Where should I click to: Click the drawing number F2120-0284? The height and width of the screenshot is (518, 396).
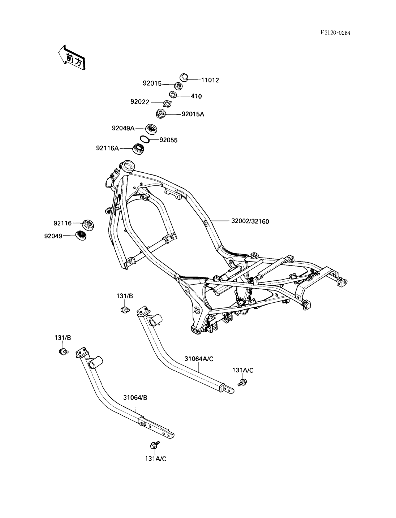click(335, 33)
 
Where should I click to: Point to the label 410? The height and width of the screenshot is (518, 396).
click(197, 96)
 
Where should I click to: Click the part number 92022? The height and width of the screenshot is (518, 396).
click(140, 102)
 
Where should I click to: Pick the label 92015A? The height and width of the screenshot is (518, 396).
click(193, 114)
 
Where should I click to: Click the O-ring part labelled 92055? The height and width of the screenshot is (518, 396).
click(144, 139)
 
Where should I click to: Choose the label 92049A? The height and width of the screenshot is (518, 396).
click(123, 128)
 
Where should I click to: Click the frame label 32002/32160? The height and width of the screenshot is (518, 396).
click(250, 221)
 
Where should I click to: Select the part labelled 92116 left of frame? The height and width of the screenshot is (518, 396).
click(88, 224)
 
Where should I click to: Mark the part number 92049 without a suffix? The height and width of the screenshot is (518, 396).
click(53, 236)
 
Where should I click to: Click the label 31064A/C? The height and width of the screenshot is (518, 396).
click(199, 359)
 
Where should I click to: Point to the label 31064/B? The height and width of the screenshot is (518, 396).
click(135, 398)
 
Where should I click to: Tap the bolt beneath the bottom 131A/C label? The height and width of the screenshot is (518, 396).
click(154, 445)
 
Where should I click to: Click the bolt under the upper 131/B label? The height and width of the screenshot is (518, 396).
click(125, 309)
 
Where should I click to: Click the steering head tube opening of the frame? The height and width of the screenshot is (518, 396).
click(128, 167)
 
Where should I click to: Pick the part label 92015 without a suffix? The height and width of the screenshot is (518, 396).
click(152, 83)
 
